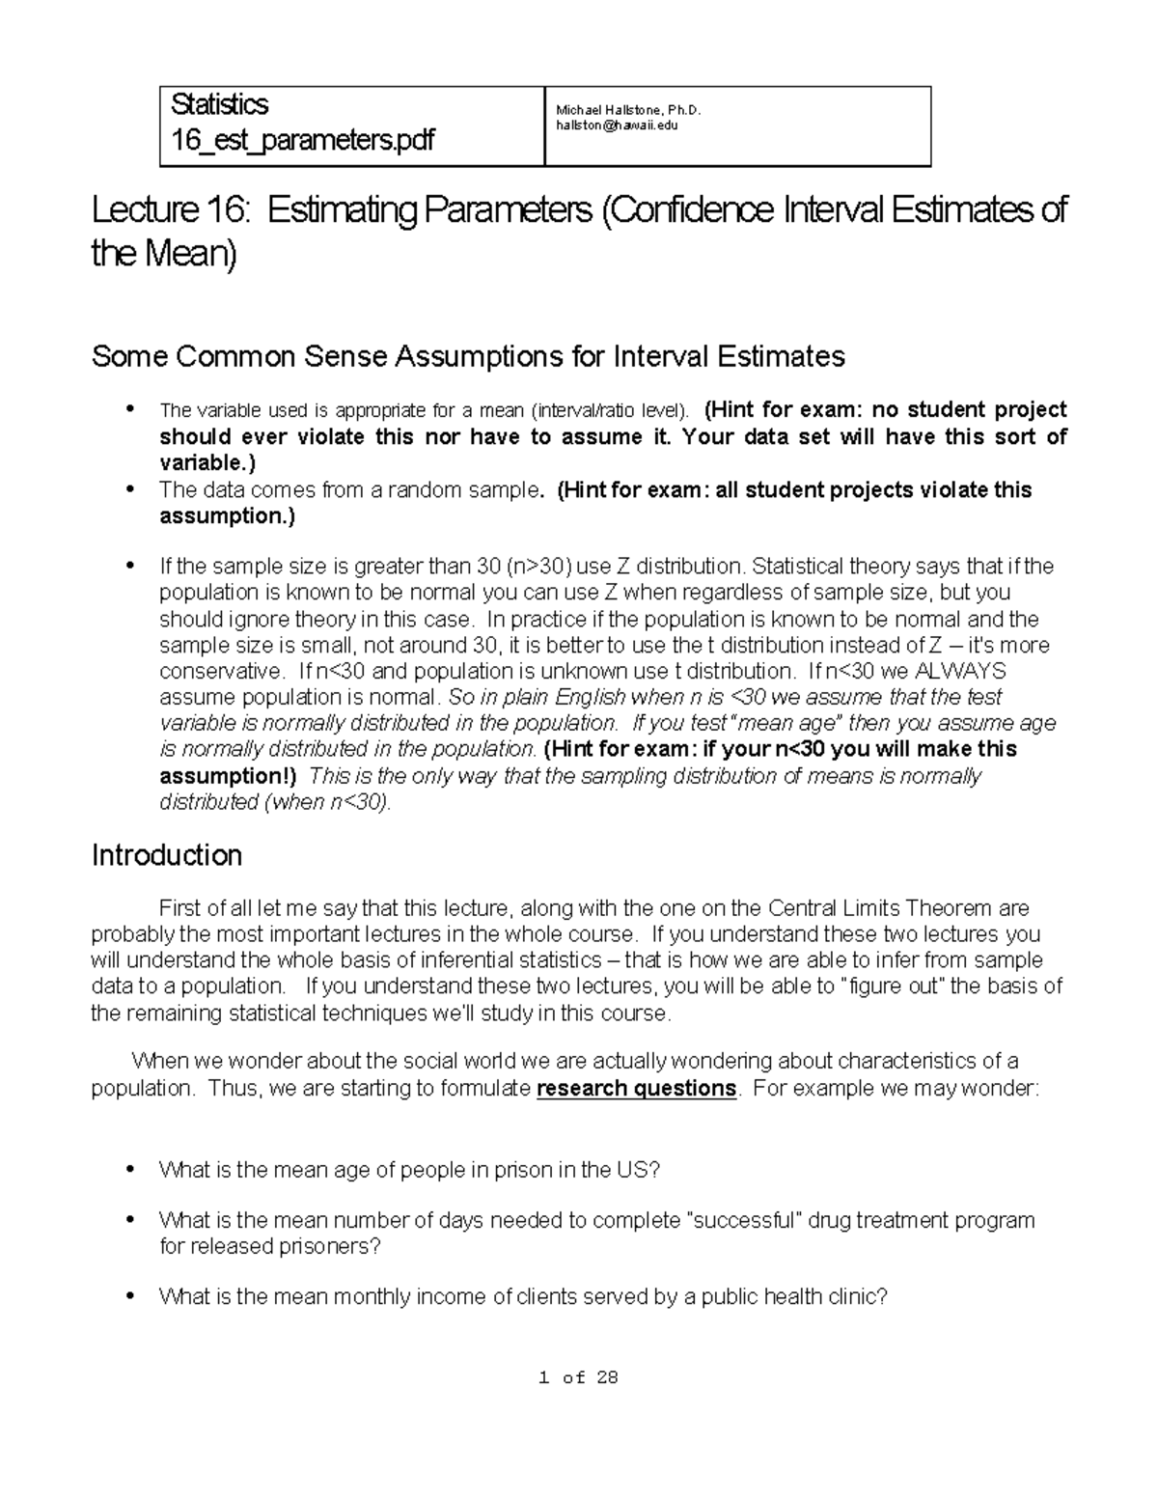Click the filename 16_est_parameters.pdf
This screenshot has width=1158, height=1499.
302,141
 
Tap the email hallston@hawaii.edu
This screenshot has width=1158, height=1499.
610,125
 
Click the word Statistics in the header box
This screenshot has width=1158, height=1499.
219,104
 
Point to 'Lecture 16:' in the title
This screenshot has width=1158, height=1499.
171,210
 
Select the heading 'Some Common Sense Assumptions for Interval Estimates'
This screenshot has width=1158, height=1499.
468,357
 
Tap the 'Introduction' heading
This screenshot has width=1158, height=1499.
166,855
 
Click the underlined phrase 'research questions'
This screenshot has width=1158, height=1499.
636,1089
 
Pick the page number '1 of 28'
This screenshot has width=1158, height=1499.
578,1378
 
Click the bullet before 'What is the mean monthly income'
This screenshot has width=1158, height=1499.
129,1297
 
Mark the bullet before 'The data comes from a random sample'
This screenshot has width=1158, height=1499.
129,489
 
